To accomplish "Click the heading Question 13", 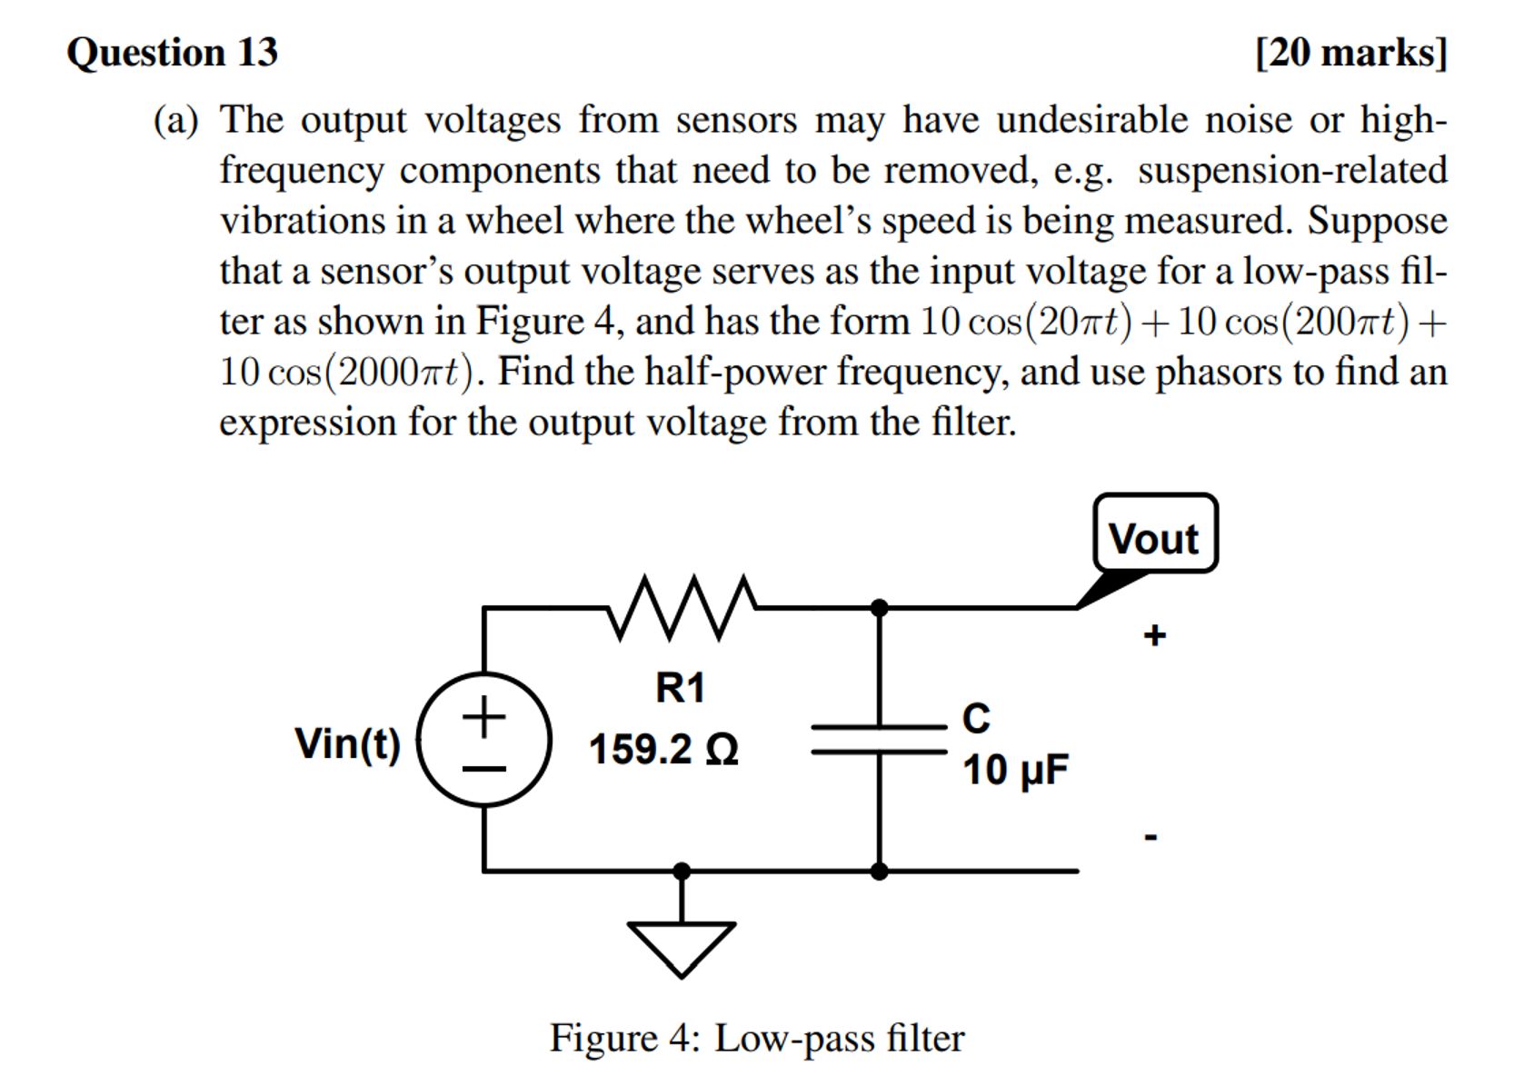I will coord(172,53).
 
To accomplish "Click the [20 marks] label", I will coord(1350,53).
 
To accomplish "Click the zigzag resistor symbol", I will coord(682,606).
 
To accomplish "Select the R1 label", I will coord(680,688).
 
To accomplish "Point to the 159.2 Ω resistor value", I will coord(663,750).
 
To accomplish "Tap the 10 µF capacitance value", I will coord(1015,770).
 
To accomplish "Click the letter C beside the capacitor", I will coord(975,718).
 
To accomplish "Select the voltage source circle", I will coord(484,739).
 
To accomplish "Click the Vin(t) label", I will coord(347,742).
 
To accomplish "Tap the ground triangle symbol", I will coord(682,945).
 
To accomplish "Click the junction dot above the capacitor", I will coord(879,607).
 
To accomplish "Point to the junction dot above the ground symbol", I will coord(682,871).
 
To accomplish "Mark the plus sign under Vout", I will coord(1154,634).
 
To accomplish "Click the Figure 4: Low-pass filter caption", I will coord(756,1038).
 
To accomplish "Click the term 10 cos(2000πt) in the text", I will coord(347,372).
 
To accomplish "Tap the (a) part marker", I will coord(175,120).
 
